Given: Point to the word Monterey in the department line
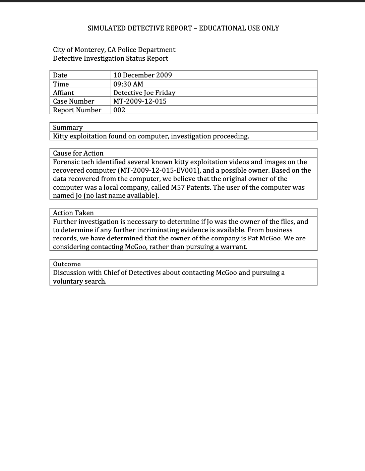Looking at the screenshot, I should tap(89, 50).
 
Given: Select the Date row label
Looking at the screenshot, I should tap(60, 75).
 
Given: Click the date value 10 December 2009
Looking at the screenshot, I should tap(142, 75).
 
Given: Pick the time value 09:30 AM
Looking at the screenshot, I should tap(128, 84).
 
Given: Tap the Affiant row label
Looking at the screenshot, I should tap(63, 93).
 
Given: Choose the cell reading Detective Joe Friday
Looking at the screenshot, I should tap(144, 93).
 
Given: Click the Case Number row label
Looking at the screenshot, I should tap(73, 101).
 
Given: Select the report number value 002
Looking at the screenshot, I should tap(119, 110).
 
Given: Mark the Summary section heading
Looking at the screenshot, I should tap(68, 127).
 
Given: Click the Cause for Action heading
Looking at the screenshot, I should tap(78, 153).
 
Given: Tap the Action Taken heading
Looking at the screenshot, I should tap(73, 213).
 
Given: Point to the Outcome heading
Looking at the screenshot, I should tap(67, 264).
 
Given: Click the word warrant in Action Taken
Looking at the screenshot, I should tap(233, 247).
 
